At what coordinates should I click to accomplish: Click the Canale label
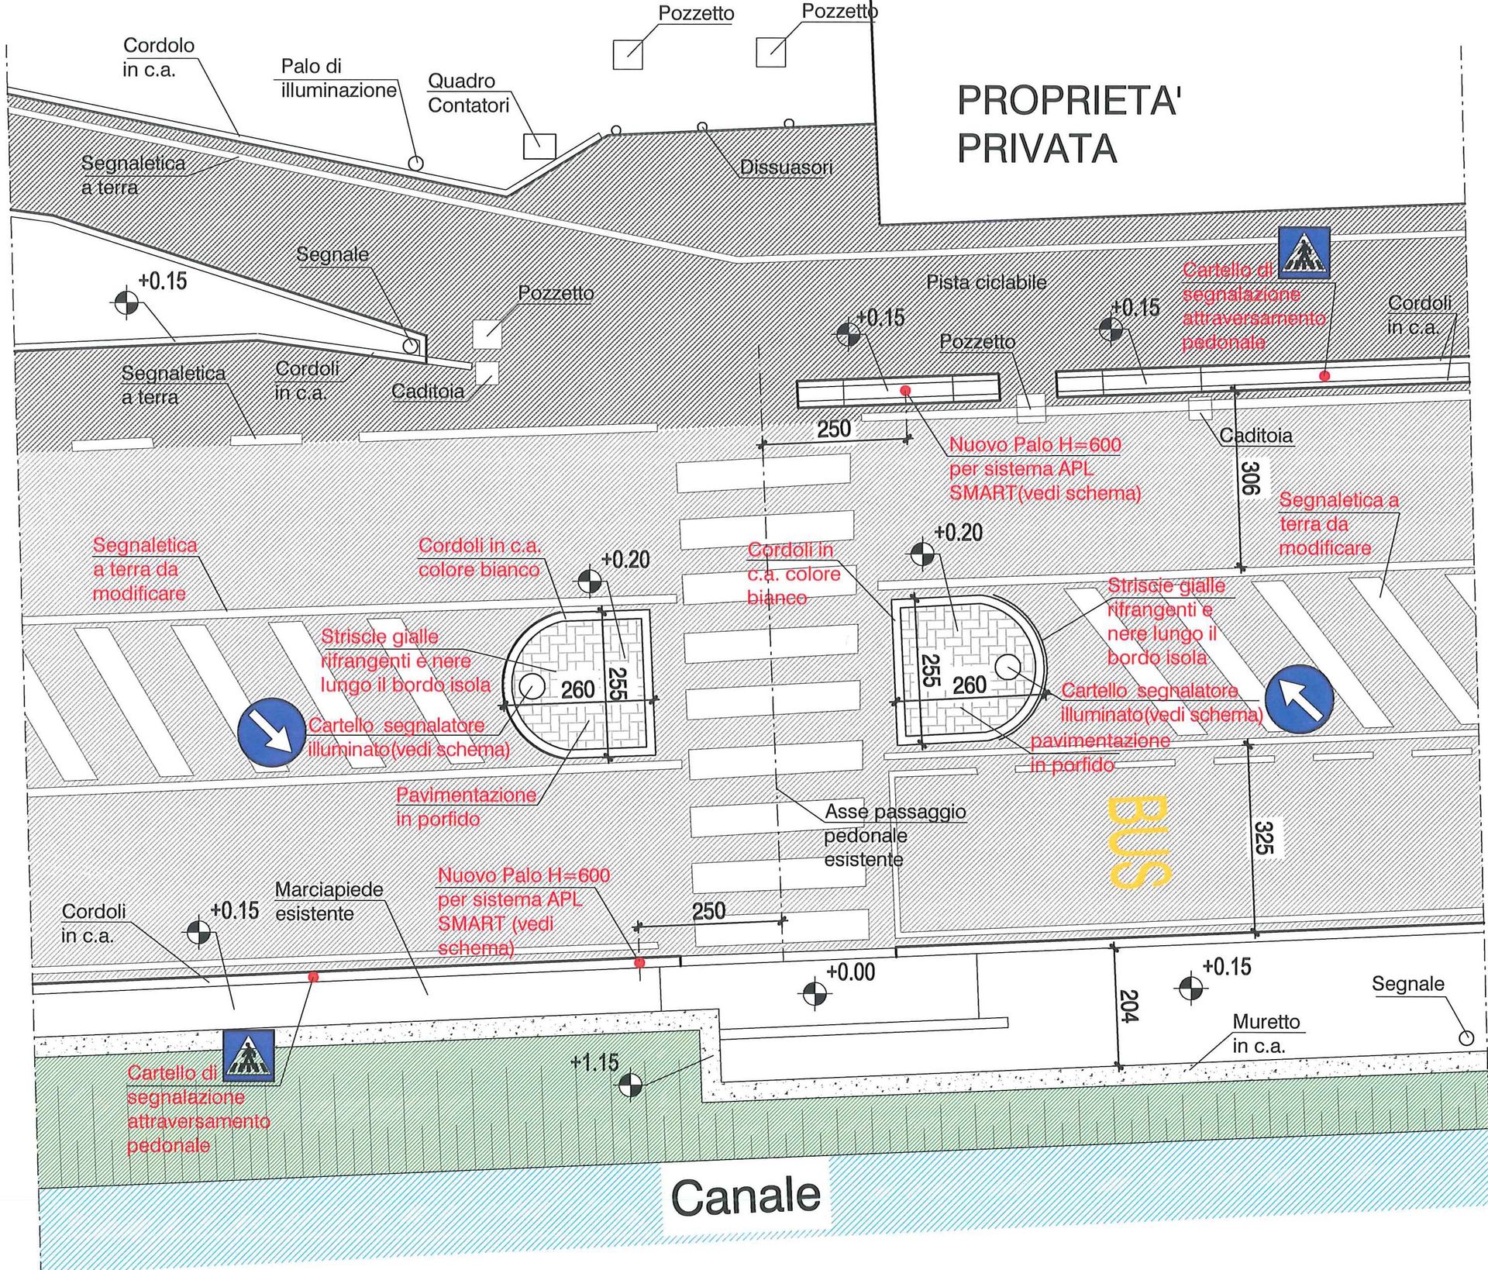point(745,1196)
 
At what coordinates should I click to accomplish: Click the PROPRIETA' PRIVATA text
point(1068,124)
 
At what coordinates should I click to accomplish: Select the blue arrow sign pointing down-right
point(271,733)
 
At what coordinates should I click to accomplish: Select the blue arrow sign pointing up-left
point(1299,699)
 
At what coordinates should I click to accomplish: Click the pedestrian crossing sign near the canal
point(249,1055)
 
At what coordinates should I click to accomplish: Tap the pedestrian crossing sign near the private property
point(1304,253)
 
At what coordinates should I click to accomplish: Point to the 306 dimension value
point(1250,478)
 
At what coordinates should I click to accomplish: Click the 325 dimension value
point(1263,837)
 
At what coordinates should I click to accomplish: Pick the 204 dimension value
point(1128,1006)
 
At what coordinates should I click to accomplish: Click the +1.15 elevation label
point(594,1061)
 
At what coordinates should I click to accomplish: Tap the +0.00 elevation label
point(850,972)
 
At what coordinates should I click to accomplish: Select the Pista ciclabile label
point(986,282)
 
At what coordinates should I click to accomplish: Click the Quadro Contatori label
point(468,93)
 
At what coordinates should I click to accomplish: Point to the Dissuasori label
point(786,167)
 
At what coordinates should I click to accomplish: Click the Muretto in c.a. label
point(1266,1034)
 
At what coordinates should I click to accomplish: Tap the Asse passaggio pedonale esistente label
point(894,835)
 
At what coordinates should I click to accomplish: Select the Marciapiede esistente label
point(329,901)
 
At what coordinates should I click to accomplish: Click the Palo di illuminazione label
point(338,78)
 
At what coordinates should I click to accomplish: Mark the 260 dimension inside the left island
point(577,689)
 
